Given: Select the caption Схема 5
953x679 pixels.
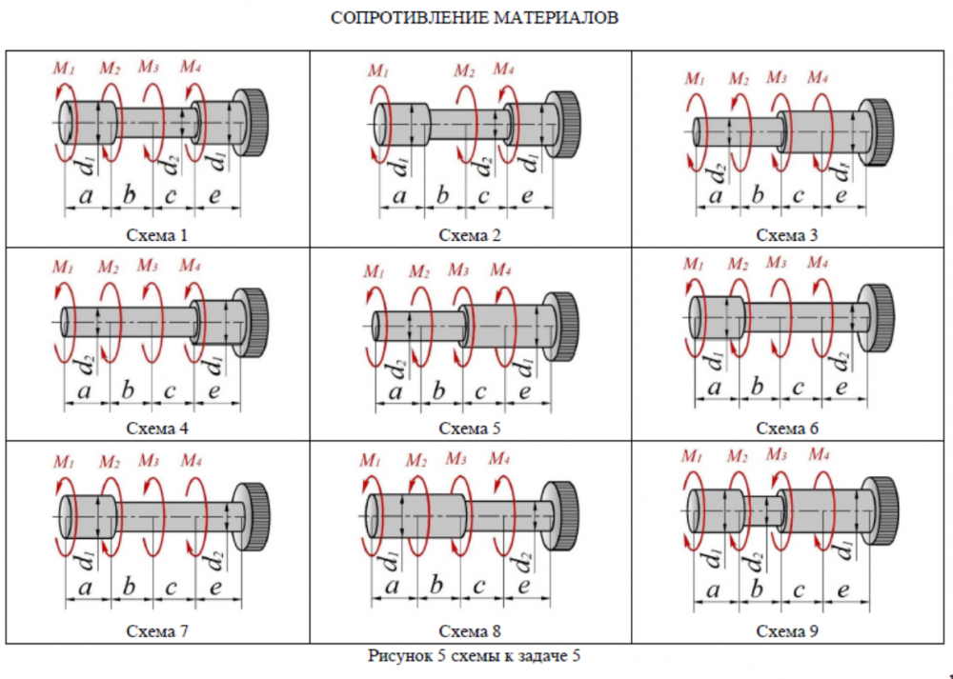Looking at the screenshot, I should (470, 429).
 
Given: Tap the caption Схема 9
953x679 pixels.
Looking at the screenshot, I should (788, 631).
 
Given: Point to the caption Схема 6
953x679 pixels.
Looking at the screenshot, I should (788, 429).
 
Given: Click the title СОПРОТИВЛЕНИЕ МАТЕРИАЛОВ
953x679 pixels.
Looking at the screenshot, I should (475, 18).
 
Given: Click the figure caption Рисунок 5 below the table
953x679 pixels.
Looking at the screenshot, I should (475, 655).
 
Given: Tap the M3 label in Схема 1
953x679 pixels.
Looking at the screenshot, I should (149, 67).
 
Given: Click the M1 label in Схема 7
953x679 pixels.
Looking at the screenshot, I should (63, 462).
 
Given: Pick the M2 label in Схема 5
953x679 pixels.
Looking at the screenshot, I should (419, 271).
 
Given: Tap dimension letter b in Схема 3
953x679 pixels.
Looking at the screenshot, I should (759, 195).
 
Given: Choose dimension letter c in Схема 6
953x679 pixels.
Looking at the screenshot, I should (799, 387).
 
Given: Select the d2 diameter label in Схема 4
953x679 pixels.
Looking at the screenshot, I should (86, 364).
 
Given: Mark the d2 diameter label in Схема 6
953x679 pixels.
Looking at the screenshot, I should (841, 363).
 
